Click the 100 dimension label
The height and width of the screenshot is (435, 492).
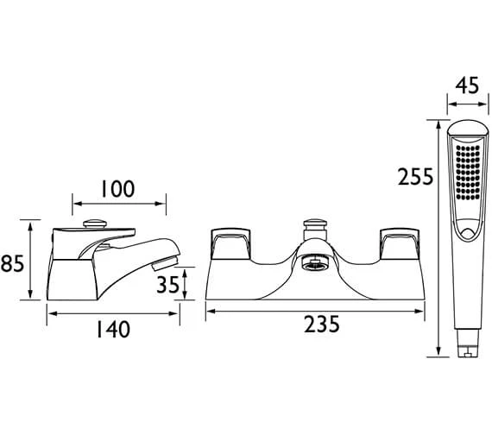pos(117,189)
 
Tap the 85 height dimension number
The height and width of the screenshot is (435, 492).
pos(13,263)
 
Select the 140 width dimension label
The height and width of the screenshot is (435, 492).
pos(113,329)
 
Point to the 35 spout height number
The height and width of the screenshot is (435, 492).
pos(167,285)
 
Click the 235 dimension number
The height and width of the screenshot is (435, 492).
pos(322,324)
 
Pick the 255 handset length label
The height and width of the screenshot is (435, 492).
pos(416,177)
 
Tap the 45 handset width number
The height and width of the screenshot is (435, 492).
pos(468,85)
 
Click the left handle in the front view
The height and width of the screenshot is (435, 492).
pos(231,244)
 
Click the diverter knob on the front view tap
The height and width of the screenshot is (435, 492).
pos(315,230)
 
